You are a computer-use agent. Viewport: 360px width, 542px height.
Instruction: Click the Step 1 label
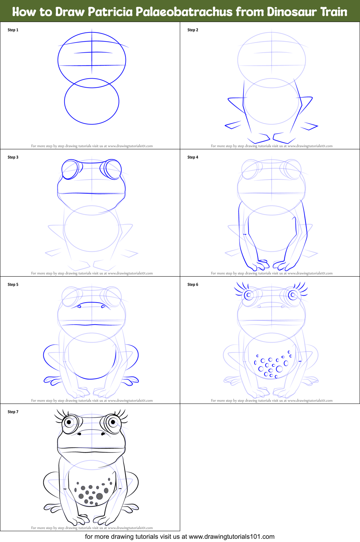coord(13,30)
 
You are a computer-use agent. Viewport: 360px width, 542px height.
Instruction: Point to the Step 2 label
coord(193,30)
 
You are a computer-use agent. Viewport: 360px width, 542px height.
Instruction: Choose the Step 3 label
coord(13,157)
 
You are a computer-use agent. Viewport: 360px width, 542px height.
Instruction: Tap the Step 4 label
coord(193,157)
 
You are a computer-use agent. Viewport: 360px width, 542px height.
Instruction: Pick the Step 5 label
coord(13,285)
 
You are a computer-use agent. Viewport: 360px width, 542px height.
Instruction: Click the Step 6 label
coord(193,285)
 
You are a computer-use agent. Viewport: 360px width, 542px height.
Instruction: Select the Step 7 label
coord(13,412)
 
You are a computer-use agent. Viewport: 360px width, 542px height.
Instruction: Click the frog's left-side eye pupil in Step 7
coord(68,422)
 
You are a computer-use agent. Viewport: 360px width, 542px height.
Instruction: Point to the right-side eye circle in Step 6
coord(293,295)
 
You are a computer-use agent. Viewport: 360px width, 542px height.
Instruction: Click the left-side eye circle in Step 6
coord(248,295)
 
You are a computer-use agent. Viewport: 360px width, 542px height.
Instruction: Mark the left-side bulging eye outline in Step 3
coord(71,169)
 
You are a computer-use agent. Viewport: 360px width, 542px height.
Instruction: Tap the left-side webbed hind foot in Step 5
coord(52,380)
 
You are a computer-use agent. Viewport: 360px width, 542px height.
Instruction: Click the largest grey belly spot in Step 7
coord(99,497)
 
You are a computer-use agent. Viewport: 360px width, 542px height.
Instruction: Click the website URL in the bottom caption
coord(231,537)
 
